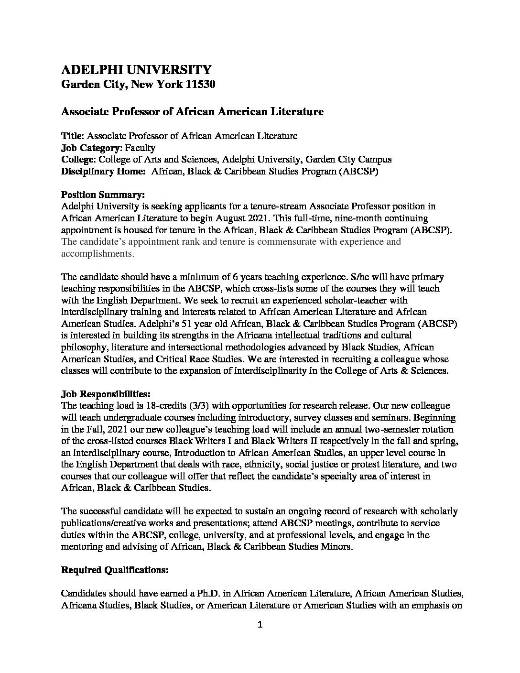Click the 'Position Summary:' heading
coord(103,195)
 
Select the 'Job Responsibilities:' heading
coord(106,394)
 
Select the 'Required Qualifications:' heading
coord(115,570)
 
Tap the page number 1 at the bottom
coord(260,624)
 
